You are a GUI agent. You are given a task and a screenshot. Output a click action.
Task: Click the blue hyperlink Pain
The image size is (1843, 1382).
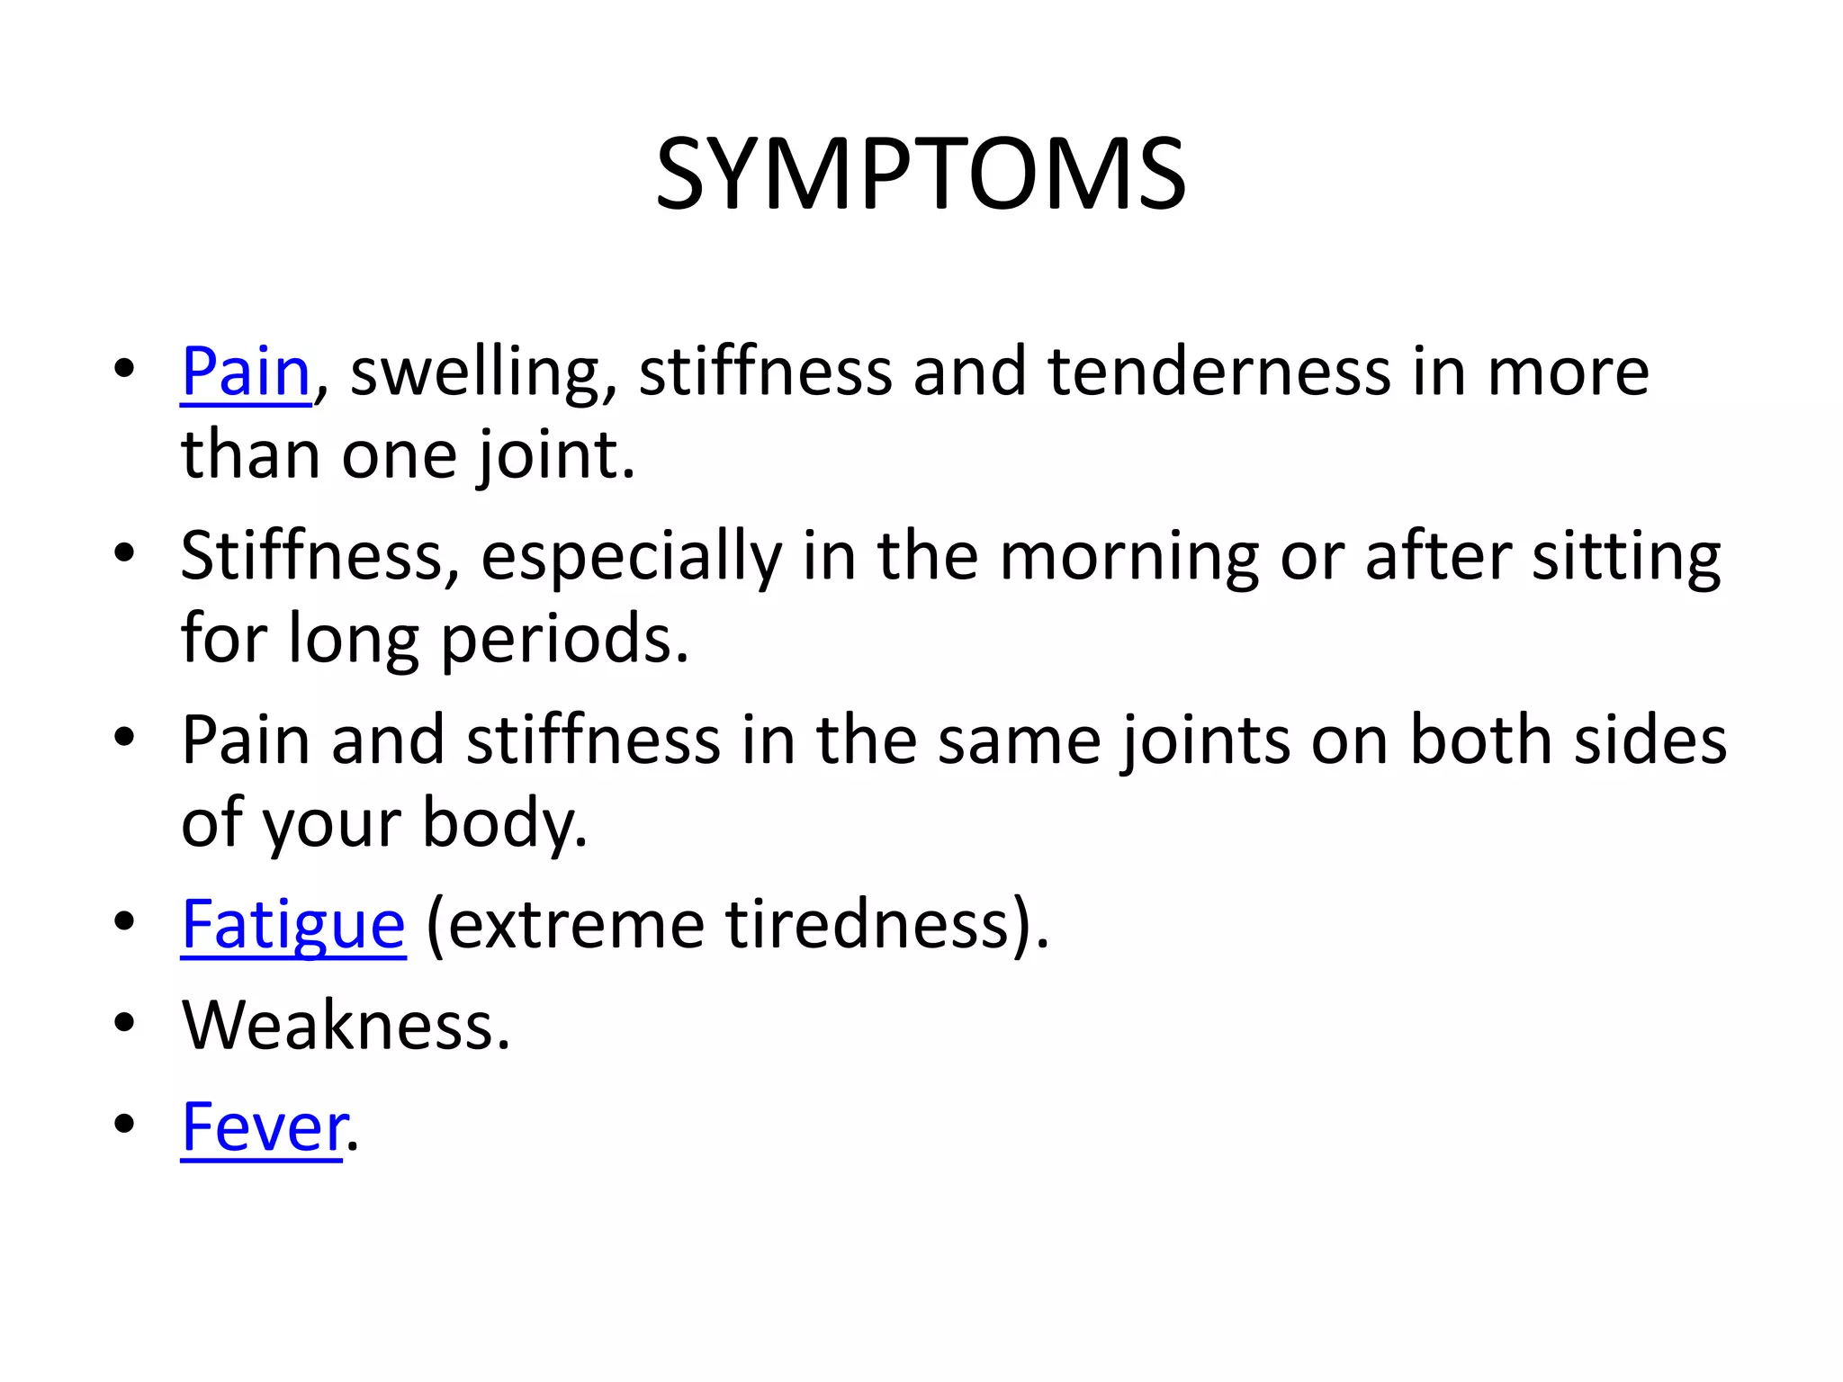[246, 372]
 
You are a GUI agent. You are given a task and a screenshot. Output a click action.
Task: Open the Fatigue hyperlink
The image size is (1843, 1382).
[293, 925]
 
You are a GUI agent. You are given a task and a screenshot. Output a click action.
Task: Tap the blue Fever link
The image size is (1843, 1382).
[264, 1127]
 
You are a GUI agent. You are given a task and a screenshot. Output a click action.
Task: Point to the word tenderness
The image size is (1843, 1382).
[1218, 372]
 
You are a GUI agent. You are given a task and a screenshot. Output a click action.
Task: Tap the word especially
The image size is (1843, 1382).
[631, 558]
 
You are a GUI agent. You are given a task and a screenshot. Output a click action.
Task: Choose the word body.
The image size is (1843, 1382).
[505, 824]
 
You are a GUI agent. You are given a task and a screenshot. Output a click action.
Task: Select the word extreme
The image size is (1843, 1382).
[576, 925]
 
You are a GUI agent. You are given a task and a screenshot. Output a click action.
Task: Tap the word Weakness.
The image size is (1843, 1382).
[346, 1026]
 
